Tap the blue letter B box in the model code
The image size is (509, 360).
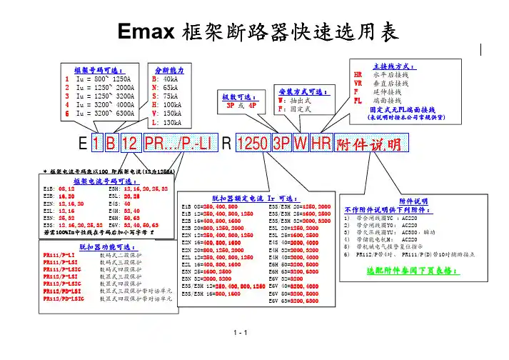[111, 144]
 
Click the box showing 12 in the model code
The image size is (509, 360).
[128, 144]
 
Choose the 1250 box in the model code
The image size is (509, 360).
[252, 144]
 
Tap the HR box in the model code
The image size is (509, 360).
[321, 144]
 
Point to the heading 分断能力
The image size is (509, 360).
[169, 70]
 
